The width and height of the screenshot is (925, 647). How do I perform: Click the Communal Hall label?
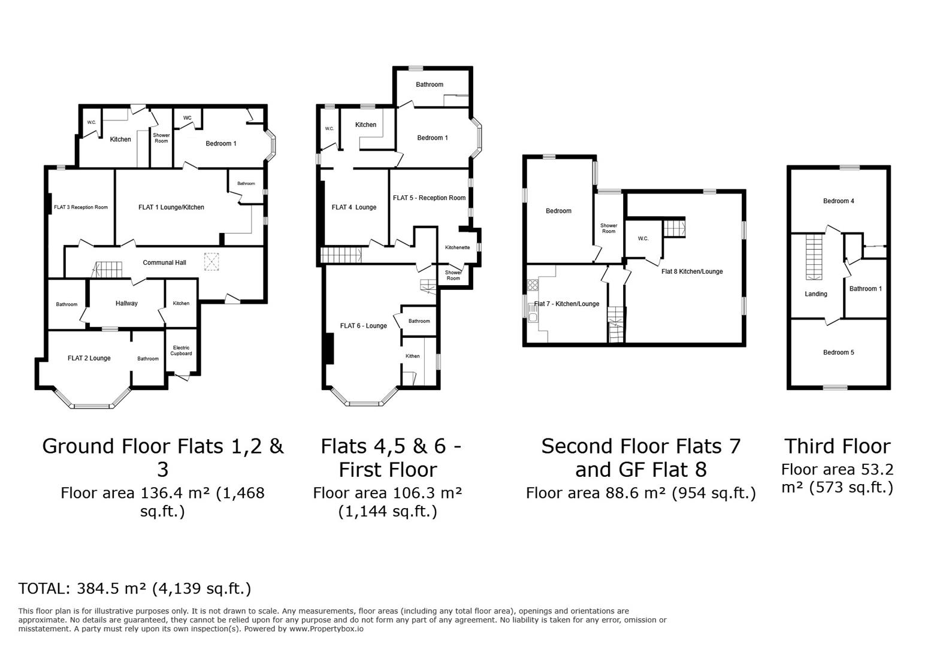(x=164, y=262)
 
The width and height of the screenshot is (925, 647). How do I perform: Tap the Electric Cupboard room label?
(x=182, y=350)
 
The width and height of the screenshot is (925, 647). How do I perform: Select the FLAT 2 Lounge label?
(x=89, y=358)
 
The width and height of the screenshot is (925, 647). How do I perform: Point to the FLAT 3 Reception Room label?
(x=81, y=207)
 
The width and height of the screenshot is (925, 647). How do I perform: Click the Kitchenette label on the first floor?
(x=458, y=248)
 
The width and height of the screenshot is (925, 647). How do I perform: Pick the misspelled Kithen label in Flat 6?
(x=413, y=356)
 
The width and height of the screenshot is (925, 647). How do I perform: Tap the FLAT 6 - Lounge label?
(x=364, y=326)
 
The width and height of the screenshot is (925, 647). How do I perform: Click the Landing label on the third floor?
(x=816, y=294)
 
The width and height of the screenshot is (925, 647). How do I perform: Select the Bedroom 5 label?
(x=839, y=352)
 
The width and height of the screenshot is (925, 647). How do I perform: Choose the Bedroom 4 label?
(x=839, y=201)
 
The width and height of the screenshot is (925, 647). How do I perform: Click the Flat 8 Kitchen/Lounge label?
(x=692, y=271)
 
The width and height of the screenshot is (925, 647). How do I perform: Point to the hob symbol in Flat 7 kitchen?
(x=533, y=285)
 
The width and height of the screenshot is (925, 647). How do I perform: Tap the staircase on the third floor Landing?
(x=814, y=257)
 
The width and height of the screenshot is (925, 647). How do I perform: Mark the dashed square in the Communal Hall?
(x=211, y=262)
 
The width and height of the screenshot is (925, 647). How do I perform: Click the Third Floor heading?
(x=838, y=446)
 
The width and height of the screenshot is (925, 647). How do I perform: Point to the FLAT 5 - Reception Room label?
(x=429, y=198)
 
